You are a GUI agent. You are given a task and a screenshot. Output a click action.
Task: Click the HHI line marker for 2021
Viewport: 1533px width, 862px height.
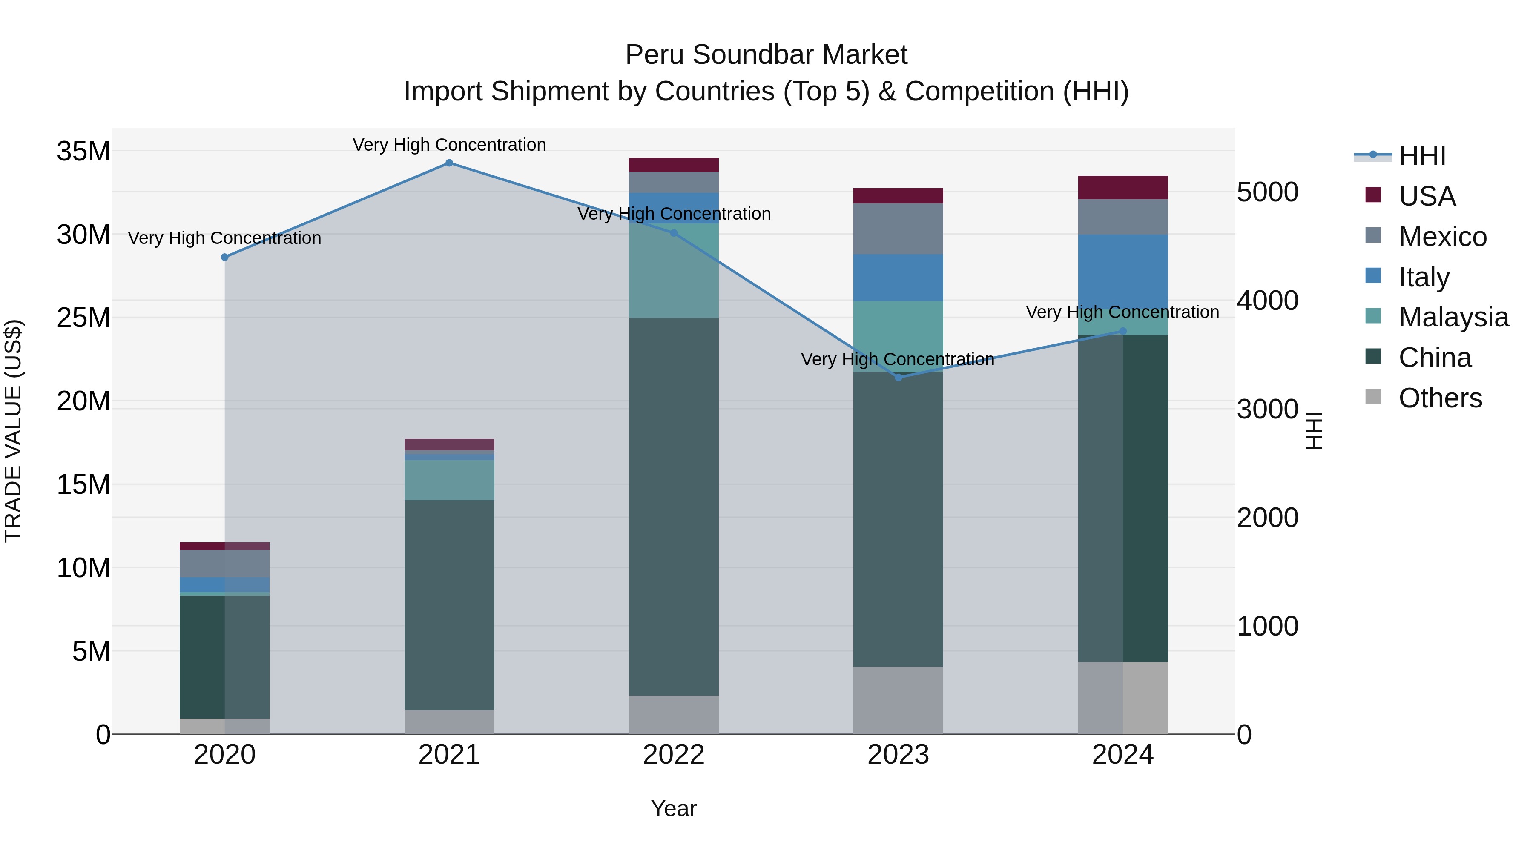(x=449, y=163)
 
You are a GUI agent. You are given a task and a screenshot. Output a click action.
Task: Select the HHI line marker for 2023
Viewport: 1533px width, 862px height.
(x=899, y=377)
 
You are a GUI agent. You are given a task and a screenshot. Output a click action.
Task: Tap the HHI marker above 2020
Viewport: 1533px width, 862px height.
(x=225, y=257)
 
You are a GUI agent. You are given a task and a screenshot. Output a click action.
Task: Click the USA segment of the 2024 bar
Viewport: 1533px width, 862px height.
(x=1123, y=187)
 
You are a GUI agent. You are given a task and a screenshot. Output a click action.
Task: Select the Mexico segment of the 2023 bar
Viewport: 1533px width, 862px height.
(x=898, y=229)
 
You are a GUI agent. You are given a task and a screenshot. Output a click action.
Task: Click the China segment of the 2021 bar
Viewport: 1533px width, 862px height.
(x=449, y=604)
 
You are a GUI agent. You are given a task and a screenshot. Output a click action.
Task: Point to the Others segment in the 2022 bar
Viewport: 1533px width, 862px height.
(x=674, y=714)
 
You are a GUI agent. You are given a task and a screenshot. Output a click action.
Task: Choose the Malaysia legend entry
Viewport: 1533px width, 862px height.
(x=1453, y=317)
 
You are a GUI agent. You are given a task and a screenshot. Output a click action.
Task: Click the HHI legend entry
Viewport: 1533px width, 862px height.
(x=1422, y=156)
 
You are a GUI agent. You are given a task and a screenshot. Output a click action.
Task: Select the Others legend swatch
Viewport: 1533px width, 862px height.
(x=1373, y=397)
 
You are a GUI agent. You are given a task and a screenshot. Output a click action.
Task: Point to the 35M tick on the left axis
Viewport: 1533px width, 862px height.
(x=83, y=151)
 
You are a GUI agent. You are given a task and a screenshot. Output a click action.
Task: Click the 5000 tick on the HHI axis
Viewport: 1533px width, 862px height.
(x=1268, y=192)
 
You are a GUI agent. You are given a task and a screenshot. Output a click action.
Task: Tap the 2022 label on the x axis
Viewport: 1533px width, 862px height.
(x=674, y=755)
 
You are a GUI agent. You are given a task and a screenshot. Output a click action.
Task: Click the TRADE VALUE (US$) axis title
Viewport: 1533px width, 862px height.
(x=13, y=431)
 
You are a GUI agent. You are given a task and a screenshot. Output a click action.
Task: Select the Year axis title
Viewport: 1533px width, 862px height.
(x=674, y=808)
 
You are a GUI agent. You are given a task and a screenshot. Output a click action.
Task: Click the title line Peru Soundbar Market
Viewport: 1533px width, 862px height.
(x=766, y=55)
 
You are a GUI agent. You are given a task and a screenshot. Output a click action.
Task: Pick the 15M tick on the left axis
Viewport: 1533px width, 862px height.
(x=83, y=485)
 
